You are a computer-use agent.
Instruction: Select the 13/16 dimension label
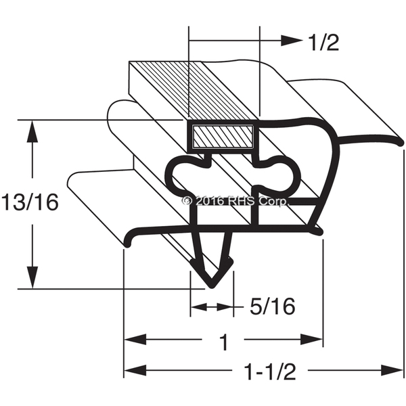tap(30, 202)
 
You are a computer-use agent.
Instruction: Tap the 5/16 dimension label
tap(272, 307)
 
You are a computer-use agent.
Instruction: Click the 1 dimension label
tap(223, 342)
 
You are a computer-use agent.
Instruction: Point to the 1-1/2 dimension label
tap(270, 371)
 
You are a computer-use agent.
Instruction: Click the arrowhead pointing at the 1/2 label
tap(292, 41)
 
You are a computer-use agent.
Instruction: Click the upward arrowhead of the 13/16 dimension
tap(32, 131)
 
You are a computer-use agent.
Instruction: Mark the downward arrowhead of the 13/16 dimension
tap(32, 277)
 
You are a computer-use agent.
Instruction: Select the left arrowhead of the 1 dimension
tap(135, 339)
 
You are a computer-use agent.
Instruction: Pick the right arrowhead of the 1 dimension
tap(311, 339)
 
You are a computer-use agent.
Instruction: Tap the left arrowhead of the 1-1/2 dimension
tap(135, 369)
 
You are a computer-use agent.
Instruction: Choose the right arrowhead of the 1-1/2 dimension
tap(392, 369)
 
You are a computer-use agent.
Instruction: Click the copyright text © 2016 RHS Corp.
tap(235, 201)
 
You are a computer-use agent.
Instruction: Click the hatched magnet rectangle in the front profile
tap(223, 137)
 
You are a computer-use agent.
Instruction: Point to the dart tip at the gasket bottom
tap(212, 286)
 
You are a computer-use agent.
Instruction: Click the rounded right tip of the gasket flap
tap(400, 142)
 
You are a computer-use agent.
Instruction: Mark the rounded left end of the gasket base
tap(127, 243)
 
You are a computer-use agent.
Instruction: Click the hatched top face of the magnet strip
tap(194, 91)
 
